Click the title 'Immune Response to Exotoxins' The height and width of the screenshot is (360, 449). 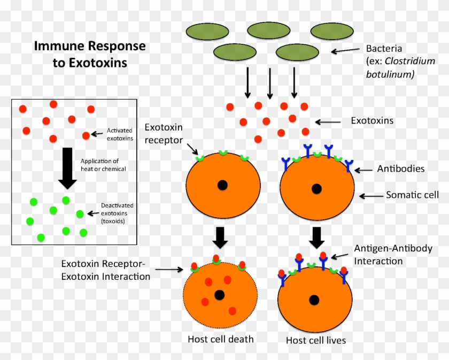tap(89, 54)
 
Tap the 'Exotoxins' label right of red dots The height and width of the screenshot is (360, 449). tap(372, 121)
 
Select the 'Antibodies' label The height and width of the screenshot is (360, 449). tap(401, 168)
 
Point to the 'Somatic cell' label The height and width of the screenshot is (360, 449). tap(412, 195)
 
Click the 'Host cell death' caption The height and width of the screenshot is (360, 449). tap(221, 339)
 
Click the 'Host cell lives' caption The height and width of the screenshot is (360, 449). tap(316, 340)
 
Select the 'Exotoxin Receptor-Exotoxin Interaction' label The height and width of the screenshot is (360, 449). tap(106, 270)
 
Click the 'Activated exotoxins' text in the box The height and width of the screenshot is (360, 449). tap(120, 134)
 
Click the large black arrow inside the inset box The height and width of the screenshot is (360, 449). tap(67, 167)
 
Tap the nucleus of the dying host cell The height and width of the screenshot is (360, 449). tap(219, 295)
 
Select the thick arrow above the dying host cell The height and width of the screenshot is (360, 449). tap(220, 236)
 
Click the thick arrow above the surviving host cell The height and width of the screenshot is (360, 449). tap(317, 237)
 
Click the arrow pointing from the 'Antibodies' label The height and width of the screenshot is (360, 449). tap(366, 170)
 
